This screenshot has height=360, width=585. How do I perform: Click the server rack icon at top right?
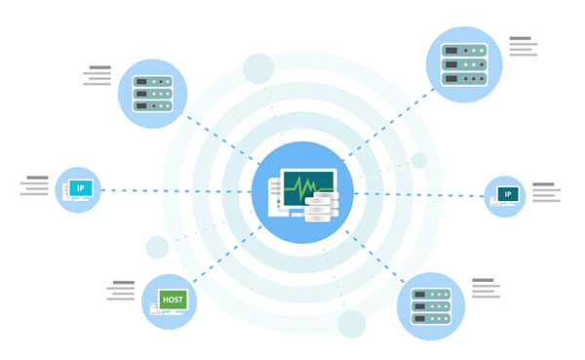click(463, 63)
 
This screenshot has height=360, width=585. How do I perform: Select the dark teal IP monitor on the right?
click(507, 194)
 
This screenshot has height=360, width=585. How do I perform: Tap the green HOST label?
click(173, 300)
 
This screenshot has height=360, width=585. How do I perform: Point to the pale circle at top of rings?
click(258, 68)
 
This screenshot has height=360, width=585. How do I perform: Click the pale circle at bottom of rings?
click(351, 324)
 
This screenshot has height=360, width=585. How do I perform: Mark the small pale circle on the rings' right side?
click(419, 160)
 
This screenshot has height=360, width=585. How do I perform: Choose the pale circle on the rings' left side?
click(157, 248)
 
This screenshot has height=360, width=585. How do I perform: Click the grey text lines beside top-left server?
click(98, 77)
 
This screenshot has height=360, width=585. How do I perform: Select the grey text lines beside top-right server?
click(523, 47)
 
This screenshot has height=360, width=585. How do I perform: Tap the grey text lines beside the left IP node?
click(35, 185)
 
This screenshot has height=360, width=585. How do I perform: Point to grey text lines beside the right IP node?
click(545, 192)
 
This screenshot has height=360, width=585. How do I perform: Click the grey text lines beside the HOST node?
click(121, 291)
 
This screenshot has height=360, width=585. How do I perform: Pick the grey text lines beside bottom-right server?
click(486, 289)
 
